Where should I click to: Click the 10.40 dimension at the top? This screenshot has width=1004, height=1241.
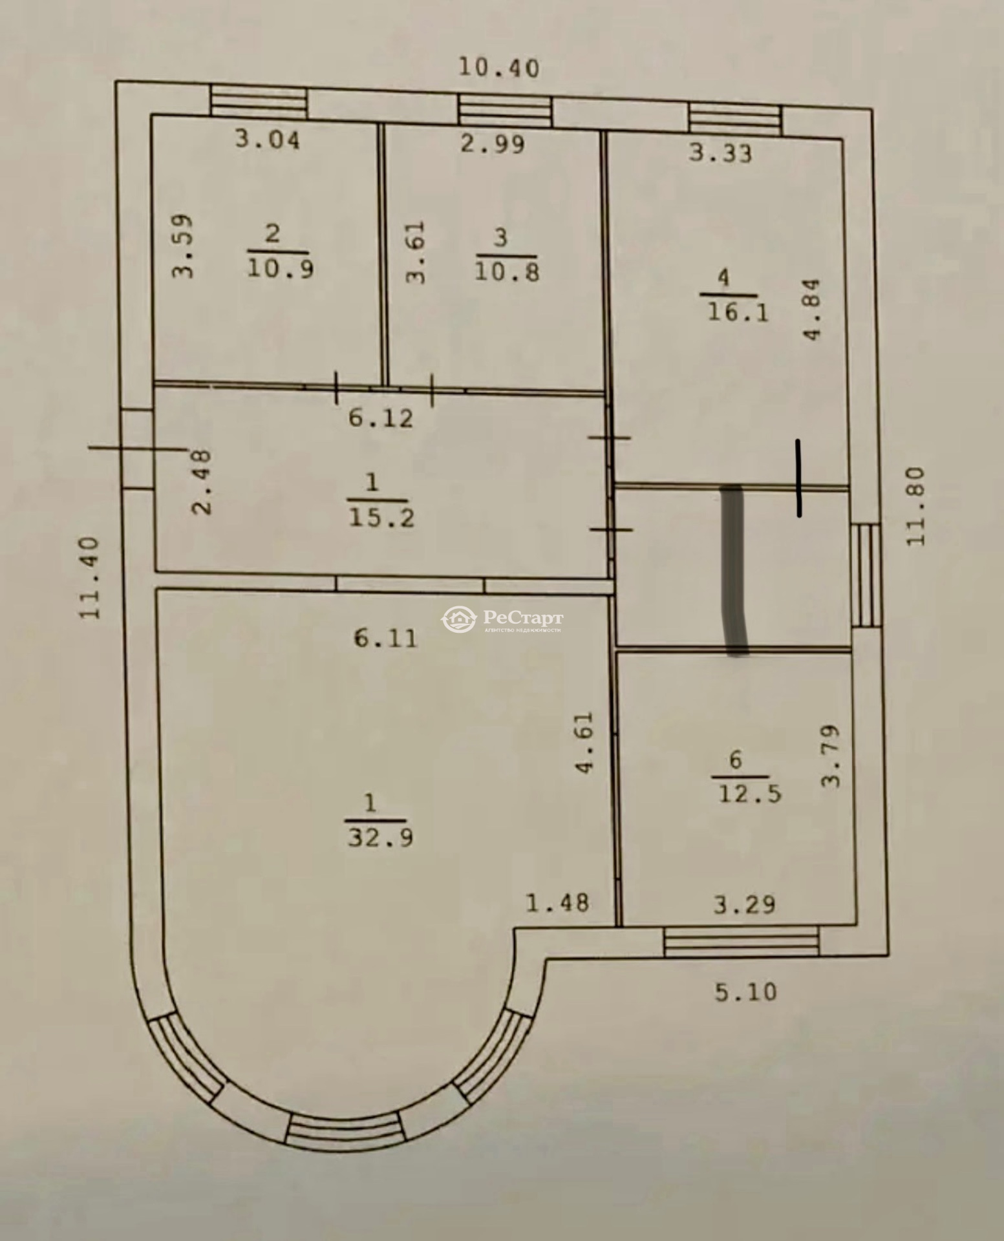coord(498,67)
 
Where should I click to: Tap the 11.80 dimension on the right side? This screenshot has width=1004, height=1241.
coord(916,506)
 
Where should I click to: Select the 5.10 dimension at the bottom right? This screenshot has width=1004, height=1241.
coord(745,992)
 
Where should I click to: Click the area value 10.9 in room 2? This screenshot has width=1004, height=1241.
coord(280,268)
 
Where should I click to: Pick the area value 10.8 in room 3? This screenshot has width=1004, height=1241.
coord(507,271)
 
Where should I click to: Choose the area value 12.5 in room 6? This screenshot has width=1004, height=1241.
coord(749,793)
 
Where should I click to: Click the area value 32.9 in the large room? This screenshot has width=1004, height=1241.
coord(381,838)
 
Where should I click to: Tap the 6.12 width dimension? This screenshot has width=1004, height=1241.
coord(380,418)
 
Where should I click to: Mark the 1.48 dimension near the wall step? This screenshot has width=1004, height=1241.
coord(557,902)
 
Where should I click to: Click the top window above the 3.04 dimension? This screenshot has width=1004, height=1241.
coord(259,102)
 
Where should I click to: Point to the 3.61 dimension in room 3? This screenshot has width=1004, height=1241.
coord(417,252)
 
